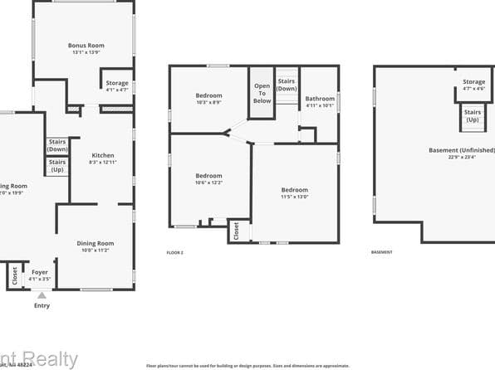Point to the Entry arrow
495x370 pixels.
click(41, 295)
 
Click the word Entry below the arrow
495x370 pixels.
click(42, 305)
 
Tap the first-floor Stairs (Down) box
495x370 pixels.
click(57, 144)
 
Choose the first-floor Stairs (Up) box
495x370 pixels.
click(57, 165)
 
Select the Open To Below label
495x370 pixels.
click(262, 94)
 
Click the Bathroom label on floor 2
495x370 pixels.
click(320, 101)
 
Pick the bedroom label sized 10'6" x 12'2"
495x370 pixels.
click(208, 178)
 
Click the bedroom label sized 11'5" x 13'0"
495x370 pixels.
click(294, 192)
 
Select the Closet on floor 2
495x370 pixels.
click(237, 231)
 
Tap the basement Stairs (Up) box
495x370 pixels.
click(472, 115)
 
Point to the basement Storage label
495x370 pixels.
click(473, 85)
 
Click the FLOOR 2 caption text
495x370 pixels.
click(174, 251)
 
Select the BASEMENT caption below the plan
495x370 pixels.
click(381, 251)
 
